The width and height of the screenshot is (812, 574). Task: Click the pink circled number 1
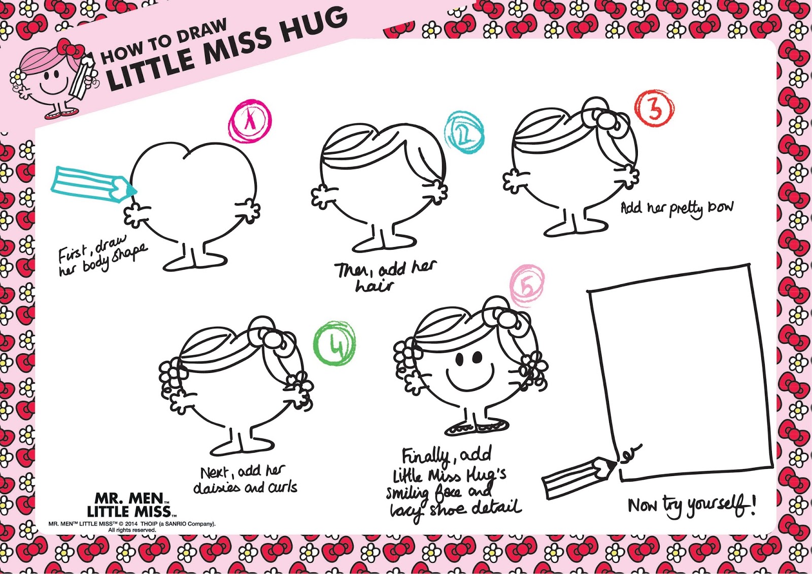click(x=250, y=121)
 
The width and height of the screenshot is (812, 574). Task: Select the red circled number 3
click(x=655, y=108)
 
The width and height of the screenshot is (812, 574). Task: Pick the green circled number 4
click(x=334, y=343)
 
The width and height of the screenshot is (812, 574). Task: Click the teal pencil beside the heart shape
click(x=94, y=183)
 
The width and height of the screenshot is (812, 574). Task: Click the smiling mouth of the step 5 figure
click(x=470, y=378)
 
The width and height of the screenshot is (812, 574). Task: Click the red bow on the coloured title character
click(x=70, y=49)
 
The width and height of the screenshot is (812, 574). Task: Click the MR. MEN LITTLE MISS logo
click(x=131, y=504)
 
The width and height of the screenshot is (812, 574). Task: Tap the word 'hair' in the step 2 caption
click(x=374, y=286)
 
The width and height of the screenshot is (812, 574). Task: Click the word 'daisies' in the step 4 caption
click(x=217, y=488)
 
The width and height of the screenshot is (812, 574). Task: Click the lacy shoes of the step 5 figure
click(x=477, y=427)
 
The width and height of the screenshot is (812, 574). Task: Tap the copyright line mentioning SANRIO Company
click(x=132, y=524)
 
